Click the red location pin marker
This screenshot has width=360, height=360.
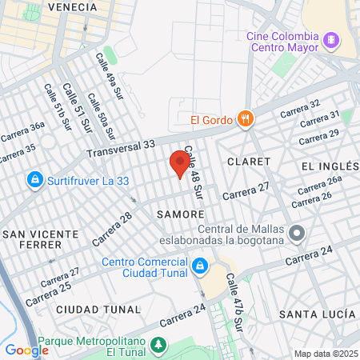coord(180,164)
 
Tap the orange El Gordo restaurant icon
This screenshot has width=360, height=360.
coord(246,121)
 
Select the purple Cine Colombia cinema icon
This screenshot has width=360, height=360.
coord(330,38)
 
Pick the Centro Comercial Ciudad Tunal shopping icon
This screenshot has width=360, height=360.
coord(200,266)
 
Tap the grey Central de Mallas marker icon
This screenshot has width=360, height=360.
coord(298,234)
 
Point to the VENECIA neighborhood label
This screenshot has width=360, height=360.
coord(73,6)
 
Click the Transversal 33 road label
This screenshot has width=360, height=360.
coord(121,148)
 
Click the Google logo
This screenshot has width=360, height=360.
coord(26,350)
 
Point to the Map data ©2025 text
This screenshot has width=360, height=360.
coord(325,354)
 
